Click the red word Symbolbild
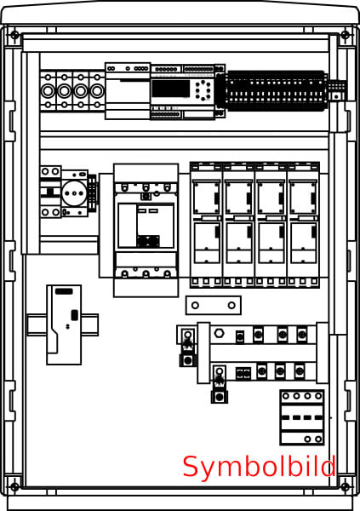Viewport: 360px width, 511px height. click(259, 467)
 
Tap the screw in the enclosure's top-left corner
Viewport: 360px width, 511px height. click(14, 35)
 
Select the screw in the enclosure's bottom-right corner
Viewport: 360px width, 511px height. click(345, 487)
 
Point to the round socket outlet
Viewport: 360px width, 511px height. click(74, 193)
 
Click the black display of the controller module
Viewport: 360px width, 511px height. click(171, 89)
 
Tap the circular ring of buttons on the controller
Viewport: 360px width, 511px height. click(203, 90)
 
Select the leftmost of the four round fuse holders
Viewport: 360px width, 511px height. click(48, 91)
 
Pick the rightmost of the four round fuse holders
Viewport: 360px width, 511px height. click(97, 91)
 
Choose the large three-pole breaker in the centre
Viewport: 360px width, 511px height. click(146, 230)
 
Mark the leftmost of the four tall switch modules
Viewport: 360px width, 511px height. click(207, 225)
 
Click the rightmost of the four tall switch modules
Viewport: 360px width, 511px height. click(303, 225)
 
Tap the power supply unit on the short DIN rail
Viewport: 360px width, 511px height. click(64, 324)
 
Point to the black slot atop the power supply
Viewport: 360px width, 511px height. click(64, 291)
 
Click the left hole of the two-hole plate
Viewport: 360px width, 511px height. click(195, 306)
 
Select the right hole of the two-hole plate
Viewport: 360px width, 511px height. click(231, 306)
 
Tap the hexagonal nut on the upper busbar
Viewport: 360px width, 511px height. click(219, 333)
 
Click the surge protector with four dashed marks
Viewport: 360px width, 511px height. click(302, 417)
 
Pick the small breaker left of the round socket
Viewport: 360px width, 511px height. click(50, 192)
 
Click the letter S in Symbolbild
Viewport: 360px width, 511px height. click(191, 467)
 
